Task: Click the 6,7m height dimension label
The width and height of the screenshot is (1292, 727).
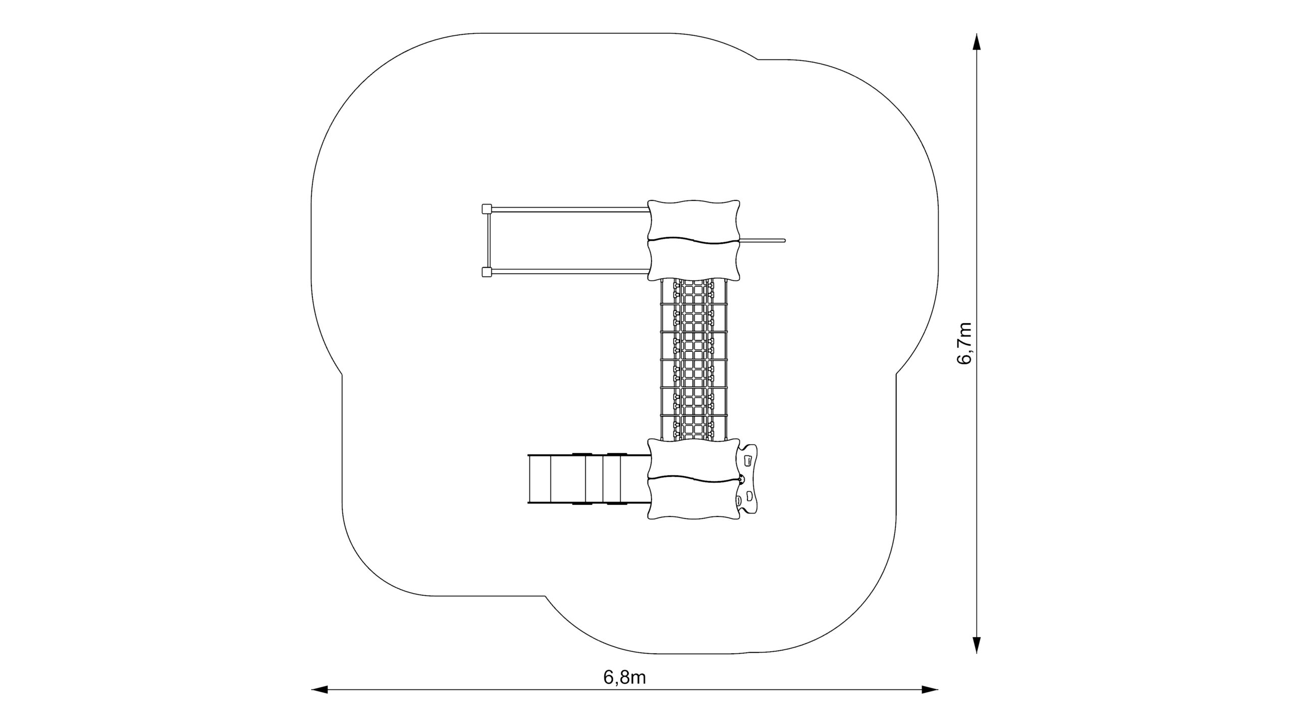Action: pyautogui.click(x=963, y=343)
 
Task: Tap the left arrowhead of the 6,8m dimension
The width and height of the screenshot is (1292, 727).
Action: pyautogui.click(x=320, y=703)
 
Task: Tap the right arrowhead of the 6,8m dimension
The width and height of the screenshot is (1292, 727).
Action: pyautogui.click(x=930, y=703)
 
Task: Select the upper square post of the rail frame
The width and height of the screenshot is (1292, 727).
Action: pyautogui.click(x=487, y=208)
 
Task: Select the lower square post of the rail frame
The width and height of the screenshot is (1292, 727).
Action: pyautogui.click(x=487, y=273)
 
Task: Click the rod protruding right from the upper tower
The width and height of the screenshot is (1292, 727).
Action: pyautogui.click(x=762, y=240)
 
